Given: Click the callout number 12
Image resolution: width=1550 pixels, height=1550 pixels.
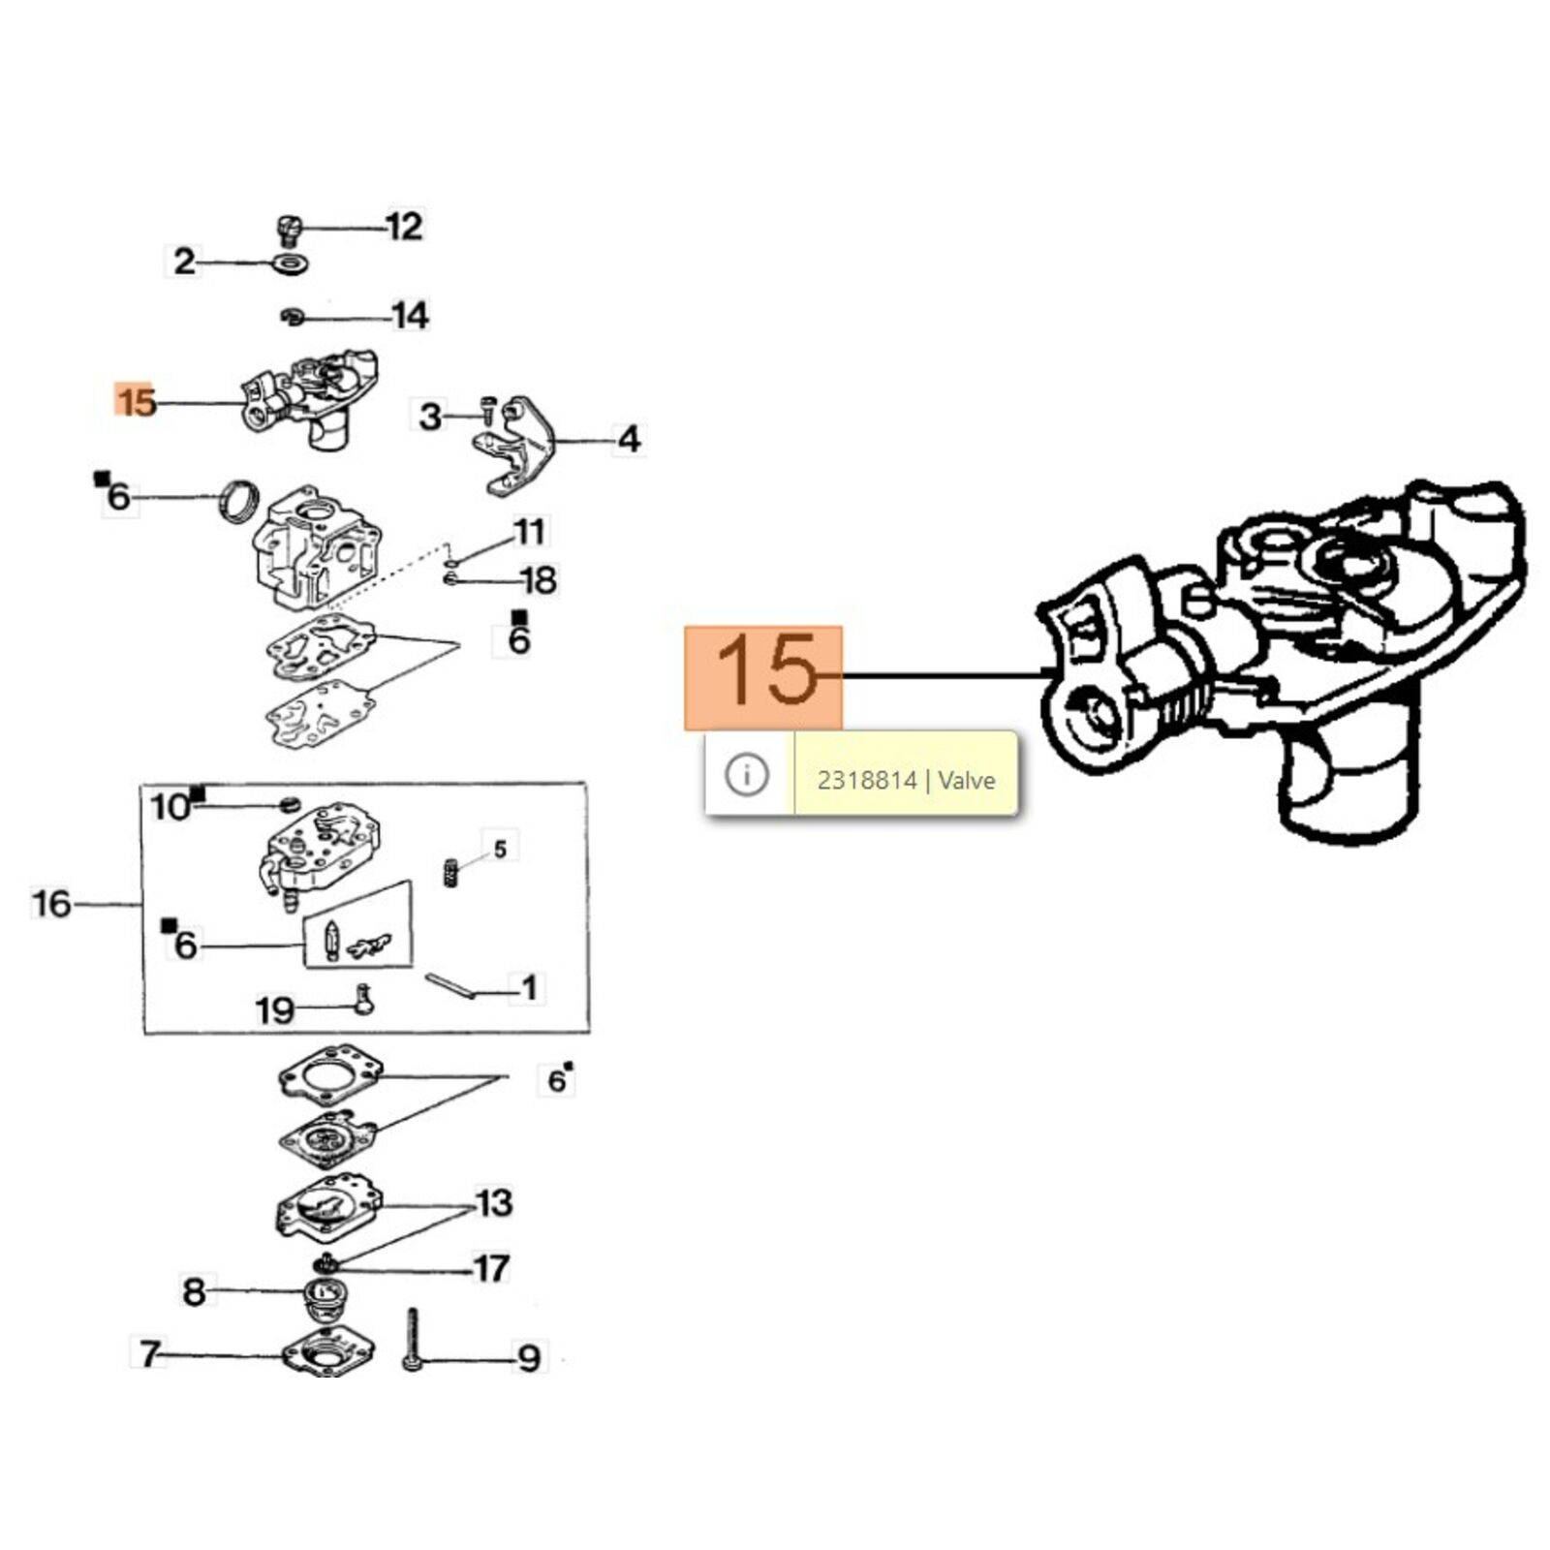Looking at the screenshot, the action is tap(404, 227).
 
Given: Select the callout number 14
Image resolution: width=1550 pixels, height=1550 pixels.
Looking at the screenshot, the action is tap(410, 316).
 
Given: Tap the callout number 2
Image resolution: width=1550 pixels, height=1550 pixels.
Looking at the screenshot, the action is tap(183, 262).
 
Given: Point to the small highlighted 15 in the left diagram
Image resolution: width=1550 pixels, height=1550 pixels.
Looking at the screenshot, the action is tap(136, 401).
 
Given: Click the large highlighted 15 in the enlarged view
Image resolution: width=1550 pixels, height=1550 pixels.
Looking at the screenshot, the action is tap(764, 671).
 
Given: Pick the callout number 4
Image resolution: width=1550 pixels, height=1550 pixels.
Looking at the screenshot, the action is tap(630, 440).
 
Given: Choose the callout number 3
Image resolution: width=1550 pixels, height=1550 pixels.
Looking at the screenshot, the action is tap(429, 418).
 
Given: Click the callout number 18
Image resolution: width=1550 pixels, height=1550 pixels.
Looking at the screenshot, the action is tap(538, 580).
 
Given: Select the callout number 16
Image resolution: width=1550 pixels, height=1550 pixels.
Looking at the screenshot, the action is tap(51, 904).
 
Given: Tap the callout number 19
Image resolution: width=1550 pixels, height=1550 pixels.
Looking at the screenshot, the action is tap(273, 1010).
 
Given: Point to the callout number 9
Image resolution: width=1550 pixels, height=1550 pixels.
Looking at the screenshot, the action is tap(528, 1358).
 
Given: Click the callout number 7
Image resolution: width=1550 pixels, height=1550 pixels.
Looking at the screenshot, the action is tap(149, 1353).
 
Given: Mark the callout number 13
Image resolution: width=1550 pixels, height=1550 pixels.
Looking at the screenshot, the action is tap(494, 1203).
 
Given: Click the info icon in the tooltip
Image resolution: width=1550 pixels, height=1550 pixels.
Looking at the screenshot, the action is tap(746, 775).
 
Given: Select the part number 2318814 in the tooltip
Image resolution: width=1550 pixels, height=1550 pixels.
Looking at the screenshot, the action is tap(866, 780).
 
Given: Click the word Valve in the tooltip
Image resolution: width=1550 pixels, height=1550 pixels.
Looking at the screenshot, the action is tap(966, 780).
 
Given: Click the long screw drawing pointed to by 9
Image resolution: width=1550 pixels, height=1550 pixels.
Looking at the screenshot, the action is tap(412, 1340).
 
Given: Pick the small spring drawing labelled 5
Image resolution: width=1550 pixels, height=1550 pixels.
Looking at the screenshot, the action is tap(450, 873).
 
